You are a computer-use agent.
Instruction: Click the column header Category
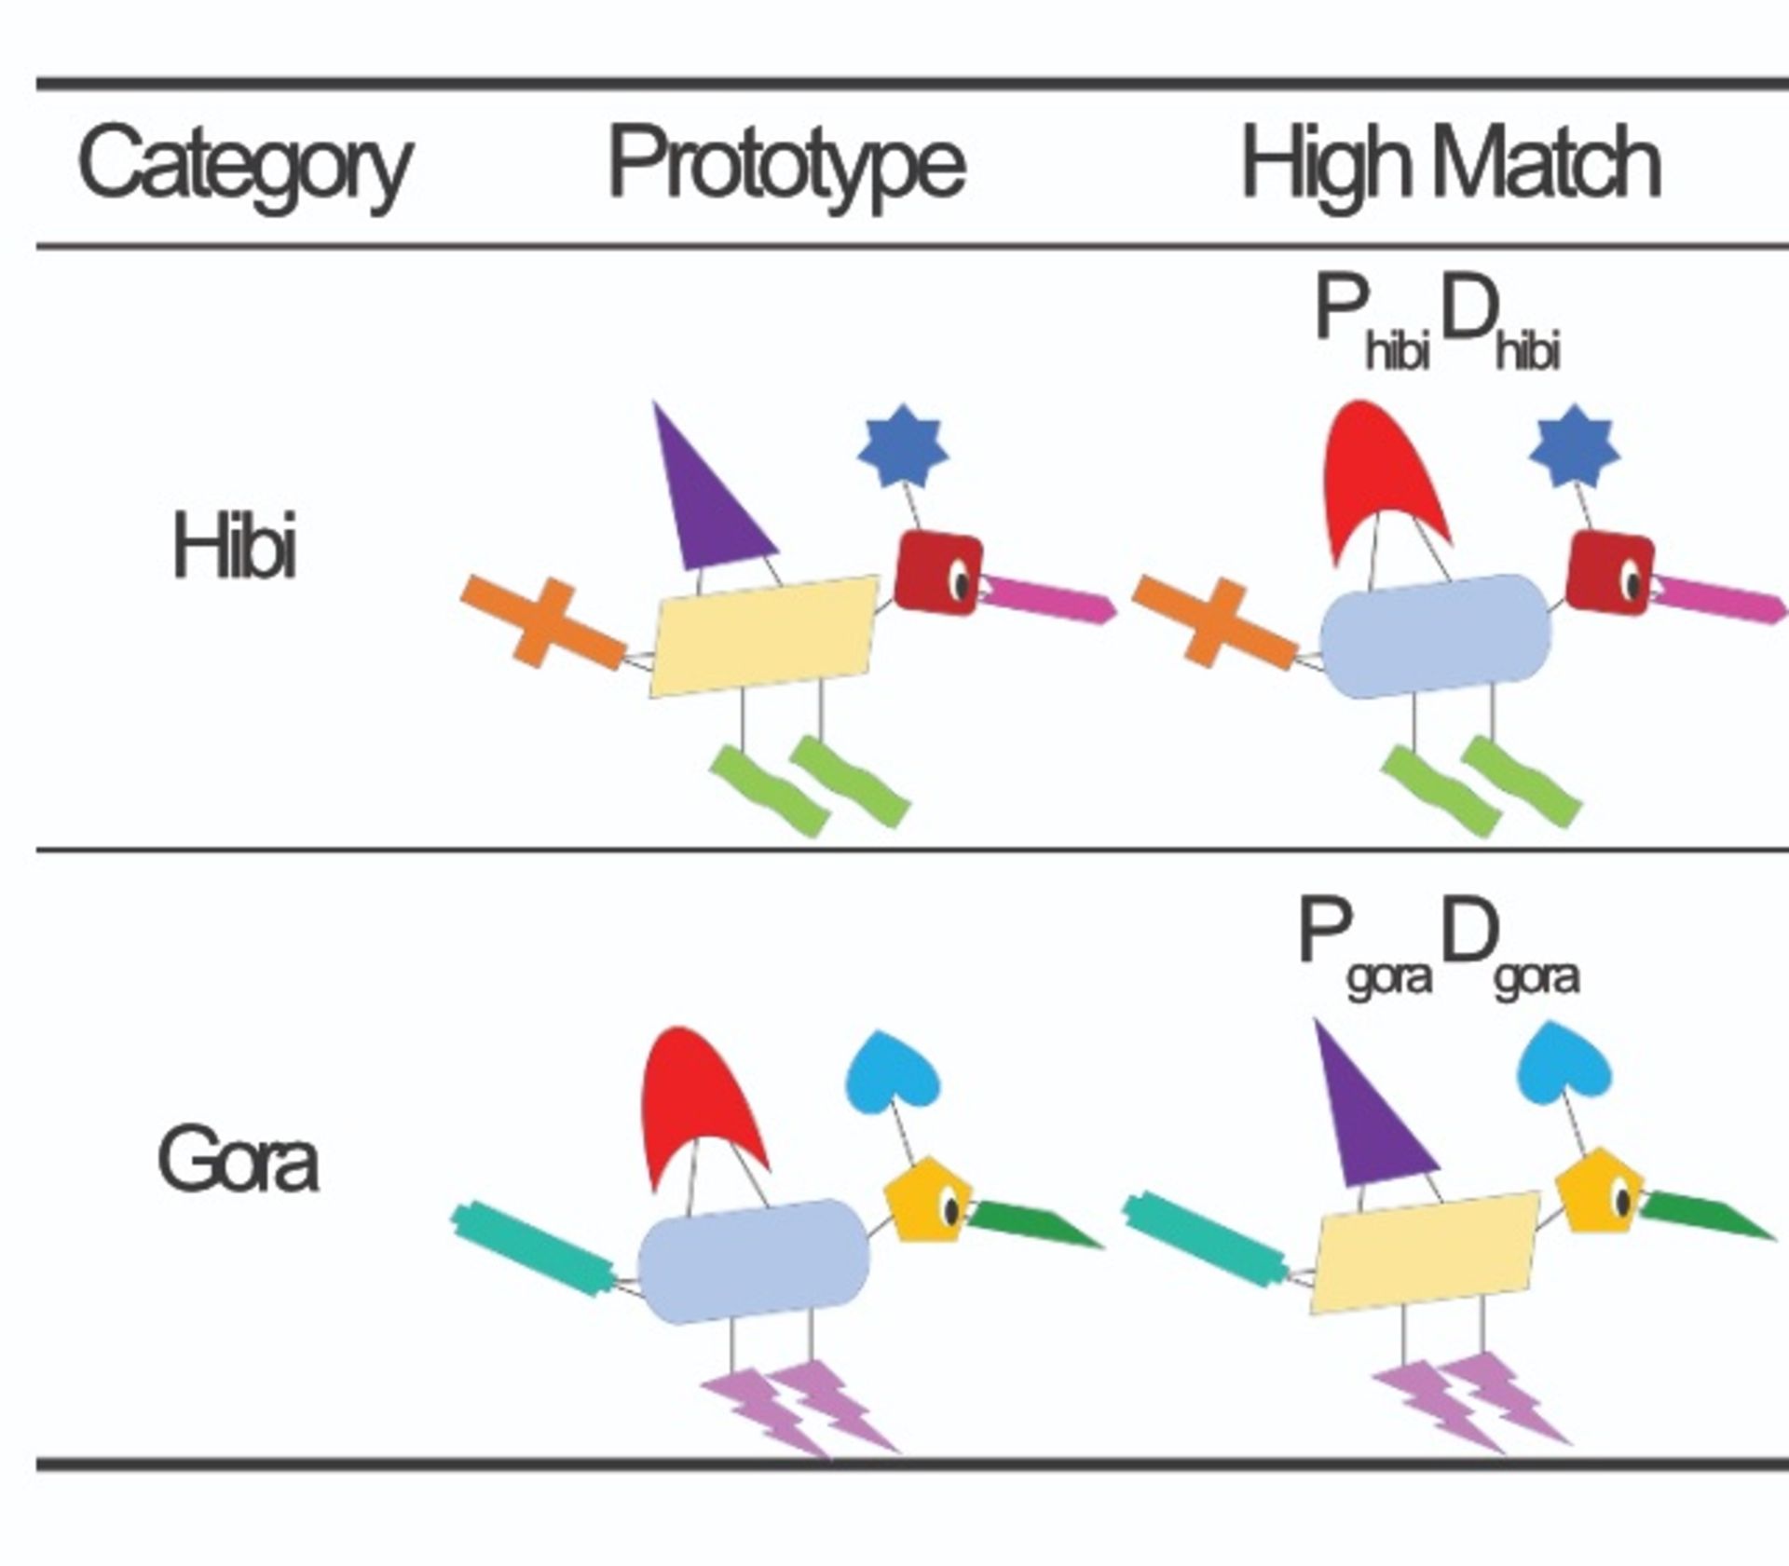[245, 168]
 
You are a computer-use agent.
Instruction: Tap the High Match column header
[1450, 166]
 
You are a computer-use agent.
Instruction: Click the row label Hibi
[235, 547]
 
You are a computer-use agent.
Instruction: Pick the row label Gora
[239, 1161]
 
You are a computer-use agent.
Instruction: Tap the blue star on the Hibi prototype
[903, 445]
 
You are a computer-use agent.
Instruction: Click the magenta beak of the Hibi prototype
[1048, 600]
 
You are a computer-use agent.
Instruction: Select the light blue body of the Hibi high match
[1436, 636]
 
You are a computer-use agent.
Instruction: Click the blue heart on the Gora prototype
[893, 1069]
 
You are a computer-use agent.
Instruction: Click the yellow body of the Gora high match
[1427, 1252]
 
